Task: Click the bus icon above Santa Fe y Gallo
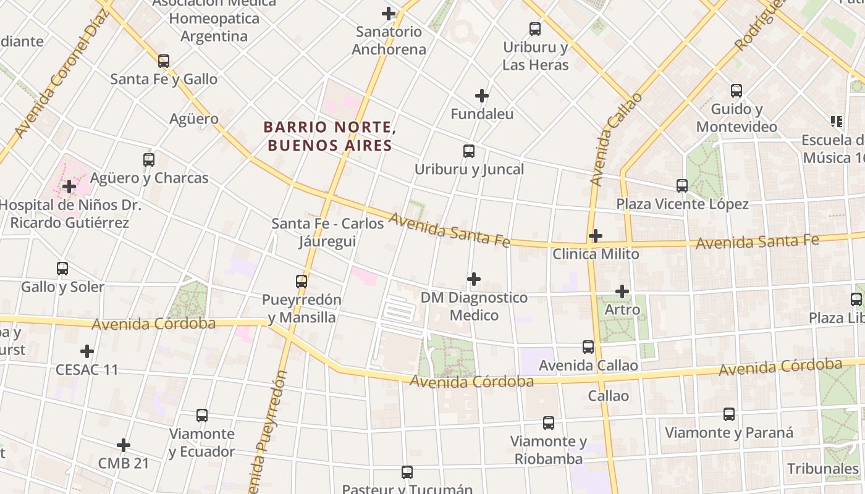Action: click(164, 61)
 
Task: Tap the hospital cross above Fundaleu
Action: click(482, 96)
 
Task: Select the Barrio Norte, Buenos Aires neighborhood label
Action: click(329, 136)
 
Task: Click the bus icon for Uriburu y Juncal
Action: click(469, 151)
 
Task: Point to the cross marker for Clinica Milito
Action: click(596, 236)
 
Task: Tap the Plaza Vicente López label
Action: click(682, 204)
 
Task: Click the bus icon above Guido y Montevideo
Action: click(736, 91)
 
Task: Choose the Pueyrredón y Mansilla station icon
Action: click(302, 282)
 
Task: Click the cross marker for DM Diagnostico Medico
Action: click(474, 279)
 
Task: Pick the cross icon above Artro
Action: click(622, 291)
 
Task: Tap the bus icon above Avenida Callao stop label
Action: click(588, 347)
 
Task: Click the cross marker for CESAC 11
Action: click(87, 351)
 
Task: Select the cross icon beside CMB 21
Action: click(124, 445)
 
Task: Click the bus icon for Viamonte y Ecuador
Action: click(202, 416)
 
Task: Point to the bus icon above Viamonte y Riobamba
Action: click(549, 423)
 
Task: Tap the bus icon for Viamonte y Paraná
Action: click(729, 414)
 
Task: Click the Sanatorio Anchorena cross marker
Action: click(389, 14)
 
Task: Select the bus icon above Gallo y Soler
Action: click(62, 269)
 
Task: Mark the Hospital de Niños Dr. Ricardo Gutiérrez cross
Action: click(69, 186)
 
